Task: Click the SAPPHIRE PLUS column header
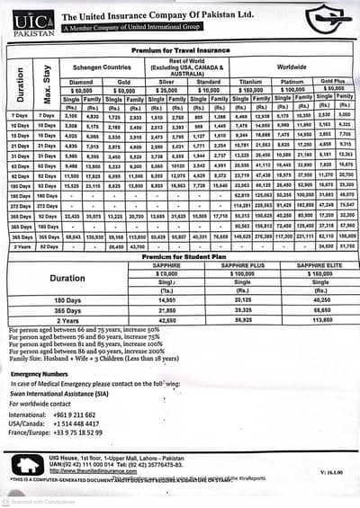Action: click(238, 266)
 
